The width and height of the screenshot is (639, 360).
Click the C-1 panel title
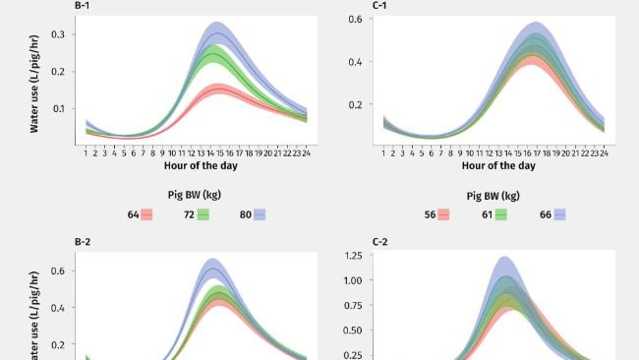(x=379, y=6)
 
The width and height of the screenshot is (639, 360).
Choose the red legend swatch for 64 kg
(x=146, y=213)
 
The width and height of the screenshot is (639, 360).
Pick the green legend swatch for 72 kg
(x=203, y=213)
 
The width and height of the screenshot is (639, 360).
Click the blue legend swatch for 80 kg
(x=260, y=213)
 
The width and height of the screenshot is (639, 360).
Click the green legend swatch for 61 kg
(x=500, y=213)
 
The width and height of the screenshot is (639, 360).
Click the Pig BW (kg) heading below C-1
(x=494, y=195)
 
